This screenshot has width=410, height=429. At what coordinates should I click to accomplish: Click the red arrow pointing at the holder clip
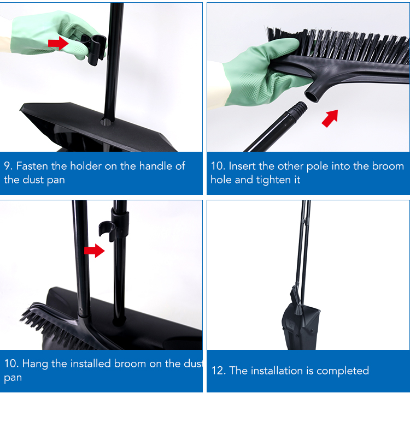[58, 43]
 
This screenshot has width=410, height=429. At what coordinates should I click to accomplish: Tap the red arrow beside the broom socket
[330, 118]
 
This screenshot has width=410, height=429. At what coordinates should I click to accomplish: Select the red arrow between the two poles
[94, 251]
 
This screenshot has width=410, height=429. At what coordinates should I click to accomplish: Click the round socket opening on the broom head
[312, 96]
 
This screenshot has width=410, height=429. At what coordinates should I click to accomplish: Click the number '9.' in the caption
[8, 166]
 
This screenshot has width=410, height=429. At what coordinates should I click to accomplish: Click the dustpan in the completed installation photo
[301, 328]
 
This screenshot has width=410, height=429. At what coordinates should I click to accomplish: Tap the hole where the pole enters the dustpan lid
[107, 122]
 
